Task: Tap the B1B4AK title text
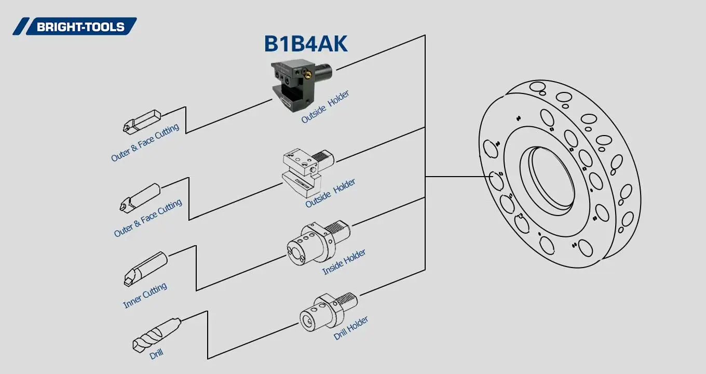click(x=306, y=44)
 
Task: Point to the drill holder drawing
click(x=327, y=312)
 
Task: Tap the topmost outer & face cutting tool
click(x=142, y=121)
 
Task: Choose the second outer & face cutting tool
click(x=140, y=197)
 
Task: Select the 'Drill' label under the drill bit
click(x=156, y=355)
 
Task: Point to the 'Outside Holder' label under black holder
click(x=325, y=107)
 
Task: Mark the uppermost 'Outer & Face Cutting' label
click(x=145, y=142)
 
